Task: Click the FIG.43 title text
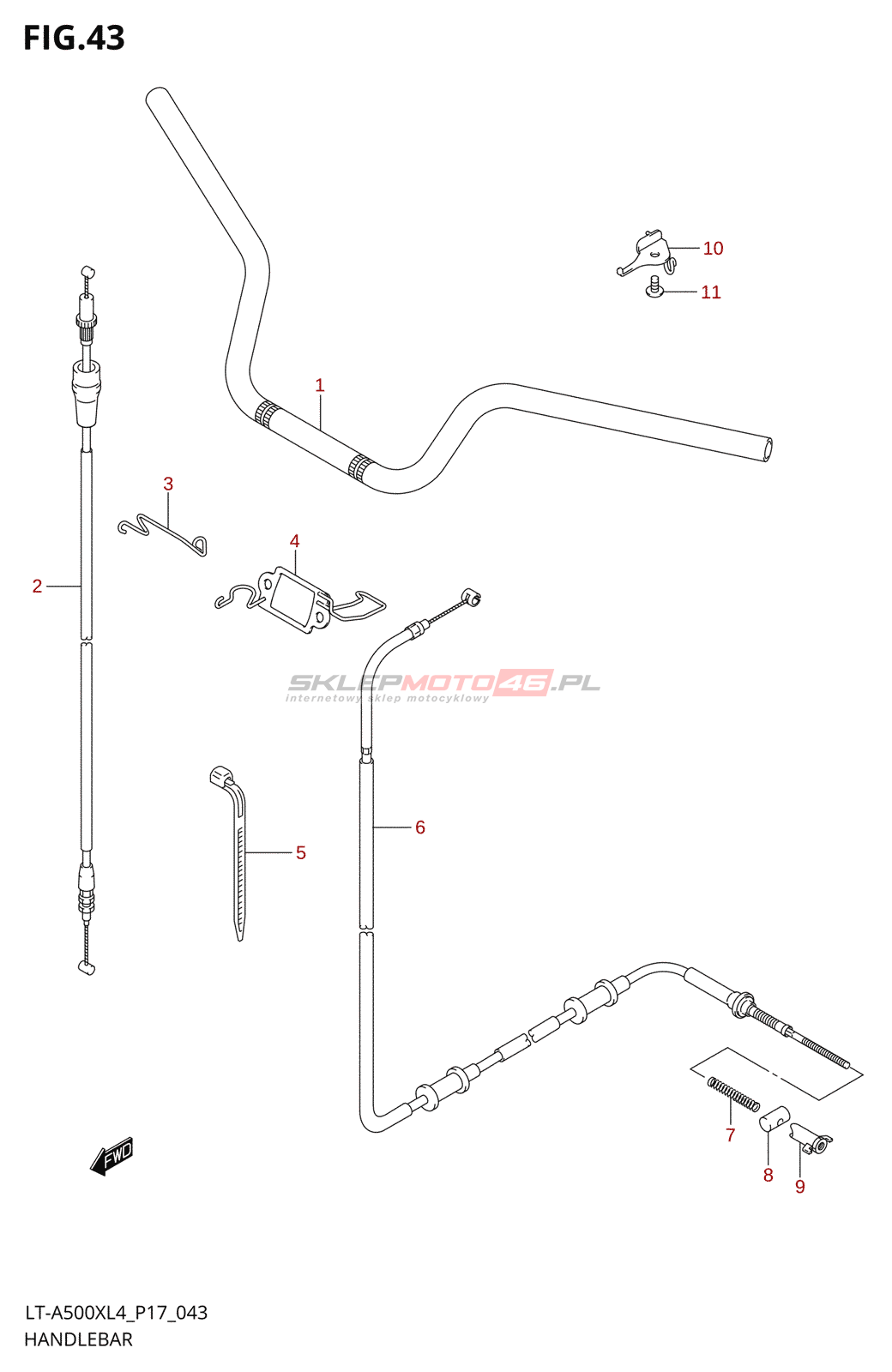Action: click(74, 39)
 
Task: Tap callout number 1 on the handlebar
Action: click(320, 386)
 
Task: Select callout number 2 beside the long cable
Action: click(37, 587)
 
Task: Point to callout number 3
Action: click(168, 484)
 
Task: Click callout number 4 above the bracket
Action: click(294, 541)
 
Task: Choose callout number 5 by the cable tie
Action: click(300, 853)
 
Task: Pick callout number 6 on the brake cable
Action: click(420, 827)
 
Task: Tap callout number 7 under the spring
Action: click(730, 1135)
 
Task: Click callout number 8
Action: click(768, 1176)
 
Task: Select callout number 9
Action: click(800, 1187)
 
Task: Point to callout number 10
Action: click(713, 249)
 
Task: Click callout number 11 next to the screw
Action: click(711, 292)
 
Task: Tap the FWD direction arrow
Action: click(112, 1156)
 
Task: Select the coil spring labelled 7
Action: click(733, 1094)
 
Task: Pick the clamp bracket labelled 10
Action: click(647, 253)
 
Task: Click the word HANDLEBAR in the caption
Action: click(78, 1339)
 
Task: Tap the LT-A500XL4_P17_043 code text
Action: click(116, 1313)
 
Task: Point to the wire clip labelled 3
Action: click(163, 535)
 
